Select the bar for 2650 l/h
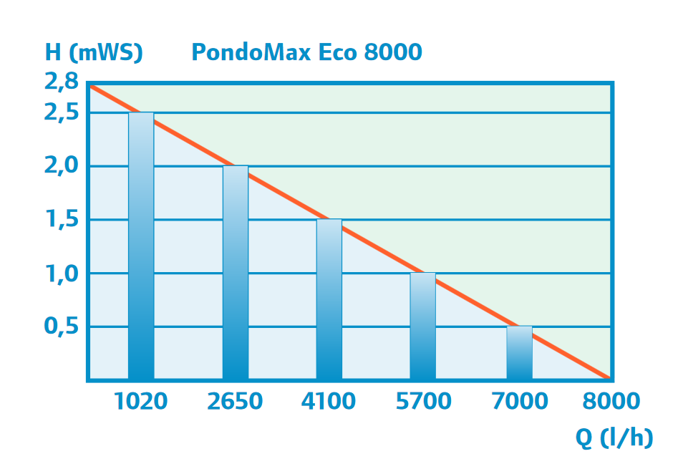(236, 272)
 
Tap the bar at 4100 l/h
(329, 299)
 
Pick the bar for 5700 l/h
(422, 326)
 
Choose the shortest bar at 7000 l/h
(519, 352)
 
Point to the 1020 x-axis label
(140, 402)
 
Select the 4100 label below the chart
(329, 402)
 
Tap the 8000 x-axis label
(611, 402)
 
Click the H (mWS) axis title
(94, 52)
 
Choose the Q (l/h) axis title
(615, 438)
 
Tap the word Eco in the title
(336, 52)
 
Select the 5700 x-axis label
(423, 402)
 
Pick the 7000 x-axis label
(519, 402)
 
